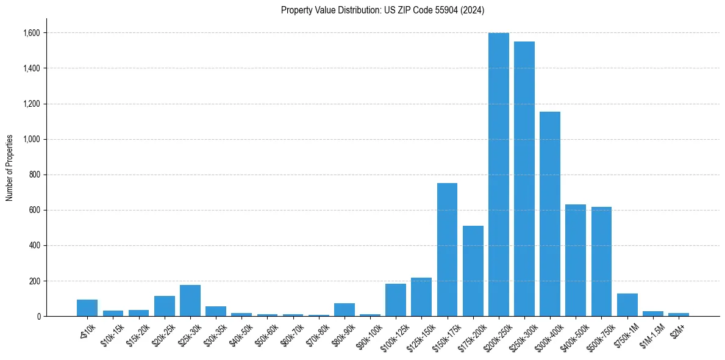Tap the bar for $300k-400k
(549, 214)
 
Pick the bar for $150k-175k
(447, 250)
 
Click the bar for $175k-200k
(473, 271)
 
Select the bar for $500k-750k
(601, 261)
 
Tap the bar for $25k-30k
(190, 301)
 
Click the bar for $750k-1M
(627, 305)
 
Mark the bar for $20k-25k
(164, 306)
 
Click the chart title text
(382, 10)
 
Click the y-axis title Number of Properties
(10, 168)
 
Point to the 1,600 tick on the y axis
(32, 33)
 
